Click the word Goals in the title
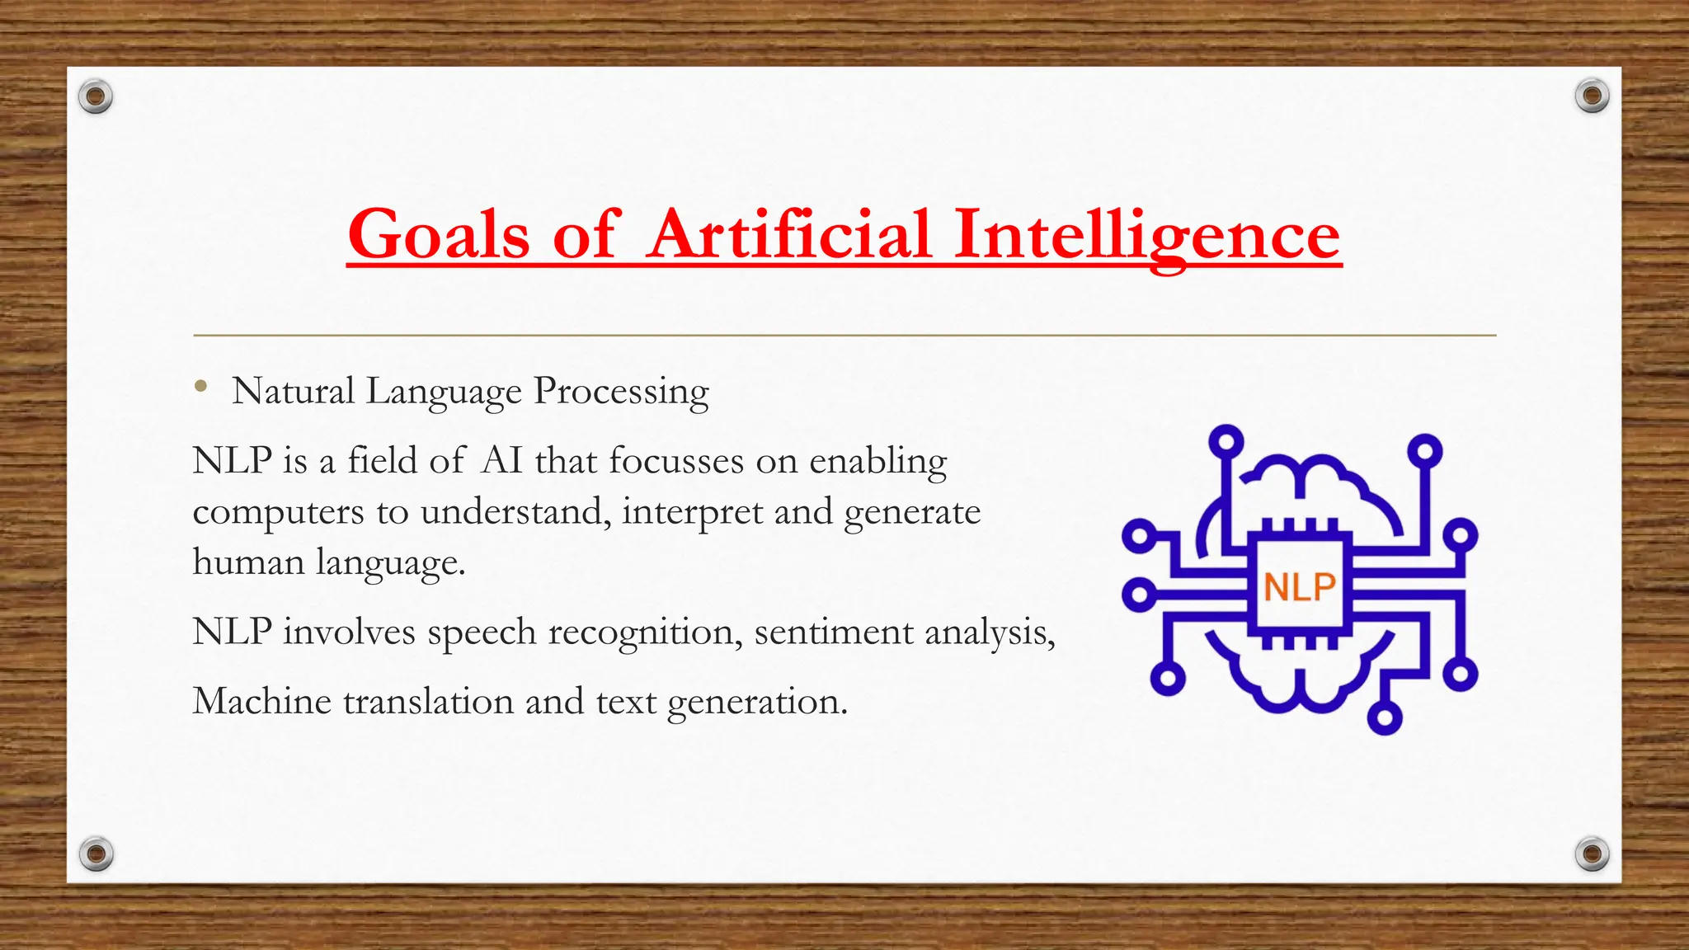pyautogui.click(x=438, y=234)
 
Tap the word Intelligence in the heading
pyautogui.click(x=1146, y=234)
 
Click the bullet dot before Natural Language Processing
pyautogui.click(x=200, y=386)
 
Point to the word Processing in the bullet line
pyautogui.click(x=621, y=392)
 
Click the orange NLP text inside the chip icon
pyautogui.click(x=1300, y=587)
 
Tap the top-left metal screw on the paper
pyautogui.click(x=96, y=97)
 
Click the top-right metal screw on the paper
pyautogui.click(x=1592, y=96)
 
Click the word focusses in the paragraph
pyautogui.click(x=676, y=460)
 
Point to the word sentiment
pyautogui.click(x=833, y=633)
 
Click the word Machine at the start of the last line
pyautogui.click(x=261, y=702)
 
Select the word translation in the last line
pyautogui.click(x=428, y=702)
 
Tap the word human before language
pyautogui.click(x=248, y=562)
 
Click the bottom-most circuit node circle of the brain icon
pyautogui.click(x=1385, y=717)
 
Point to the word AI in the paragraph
pyautogui.click(x=501, y=460)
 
